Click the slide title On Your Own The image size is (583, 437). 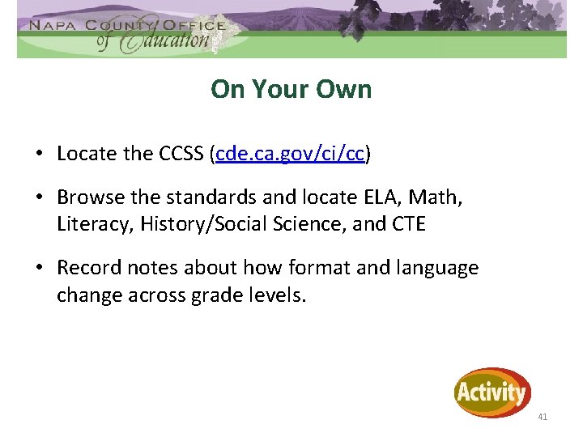(x=291, y=89)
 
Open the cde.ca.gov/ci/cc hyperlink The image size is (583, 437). (x=290, y=154)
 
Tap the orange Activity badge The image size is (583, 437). (x=492, y=393)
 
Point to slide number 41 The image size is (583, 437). (x=543, y=417)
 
